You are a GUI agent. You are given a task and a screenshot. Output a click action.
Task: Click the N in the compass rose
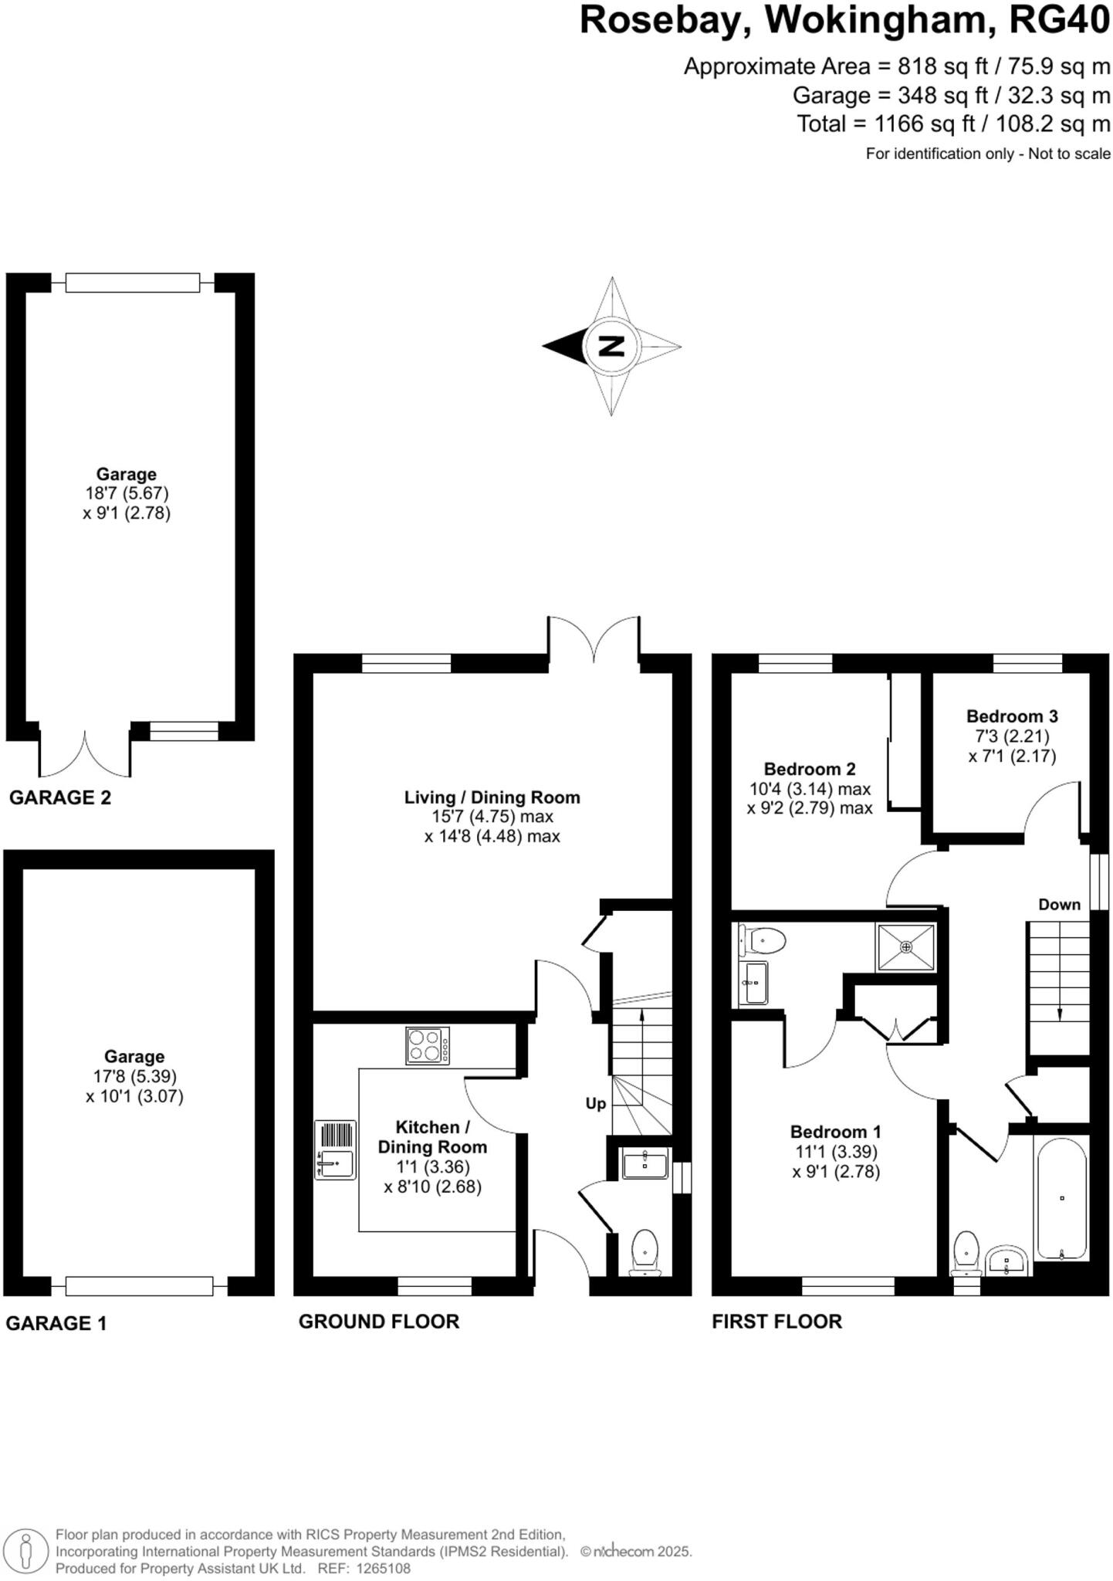[x=611, y=346]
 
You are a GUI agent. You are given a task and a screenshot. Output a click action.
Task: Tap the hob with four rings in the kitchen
[x=428, y=1046]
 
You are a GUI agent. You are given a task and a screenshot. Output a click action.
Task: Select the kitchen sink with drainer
[x=335, y=1149]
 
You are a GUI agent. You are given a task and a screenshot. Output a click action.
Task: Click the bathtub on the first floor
[x=1061, y=1198]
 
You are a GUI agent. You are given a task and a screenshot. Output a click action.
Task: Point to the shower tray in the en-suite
[x=905, y=946]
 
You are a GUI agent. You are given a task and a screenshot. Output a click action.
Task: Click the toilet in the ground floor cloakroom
[x=644, y=1251]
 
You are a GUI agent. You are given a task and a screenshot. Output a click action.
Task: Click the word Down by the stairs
[x=1059, y=904]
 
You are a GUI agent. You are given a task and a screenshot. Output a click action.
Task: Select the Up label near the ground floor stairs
[x=595, y=1103]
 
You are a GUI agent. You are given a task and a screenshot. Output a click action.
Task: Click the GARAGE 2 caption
[x=60, y=797]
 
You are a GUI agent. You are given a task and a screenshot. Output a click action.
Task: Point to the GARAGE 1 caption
[x=56, y=1323]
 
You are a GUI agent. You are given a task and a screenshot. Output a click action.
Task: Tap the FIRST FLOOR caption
[x=776, y=1321]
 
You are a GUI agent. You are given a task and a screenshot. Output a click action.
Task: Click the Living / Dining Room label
[x=492, y=797]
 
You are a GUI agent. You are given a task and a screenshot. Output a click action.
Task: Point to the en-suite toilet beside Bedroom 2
[x=763, y=940]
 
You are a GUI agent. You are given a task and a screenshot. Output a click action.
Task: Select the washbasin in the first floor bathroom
[x=1006, y=1261]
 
